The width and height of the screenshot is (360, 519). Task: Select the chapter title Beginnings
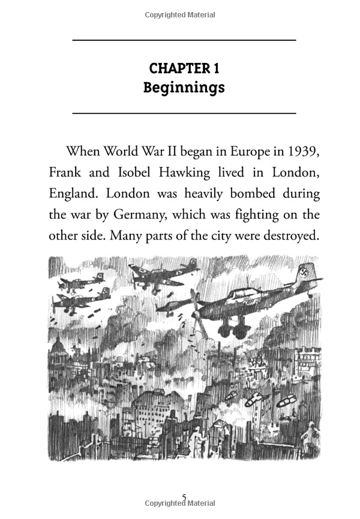(x=184, y=88)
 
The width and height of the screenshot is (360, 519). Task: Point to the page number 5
(x=184, y=497)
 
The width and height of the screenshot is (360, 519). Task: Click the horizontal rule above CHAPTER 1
(x=184, y=40)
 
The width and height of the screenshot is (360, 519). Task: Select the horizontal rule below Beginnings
(x=184, y=113)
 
